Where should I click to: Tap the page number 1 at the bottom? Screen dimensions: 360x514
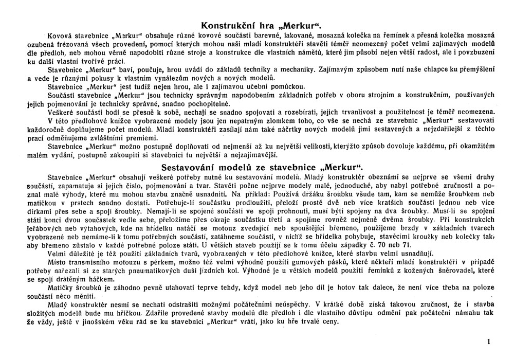pos(489,340)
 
